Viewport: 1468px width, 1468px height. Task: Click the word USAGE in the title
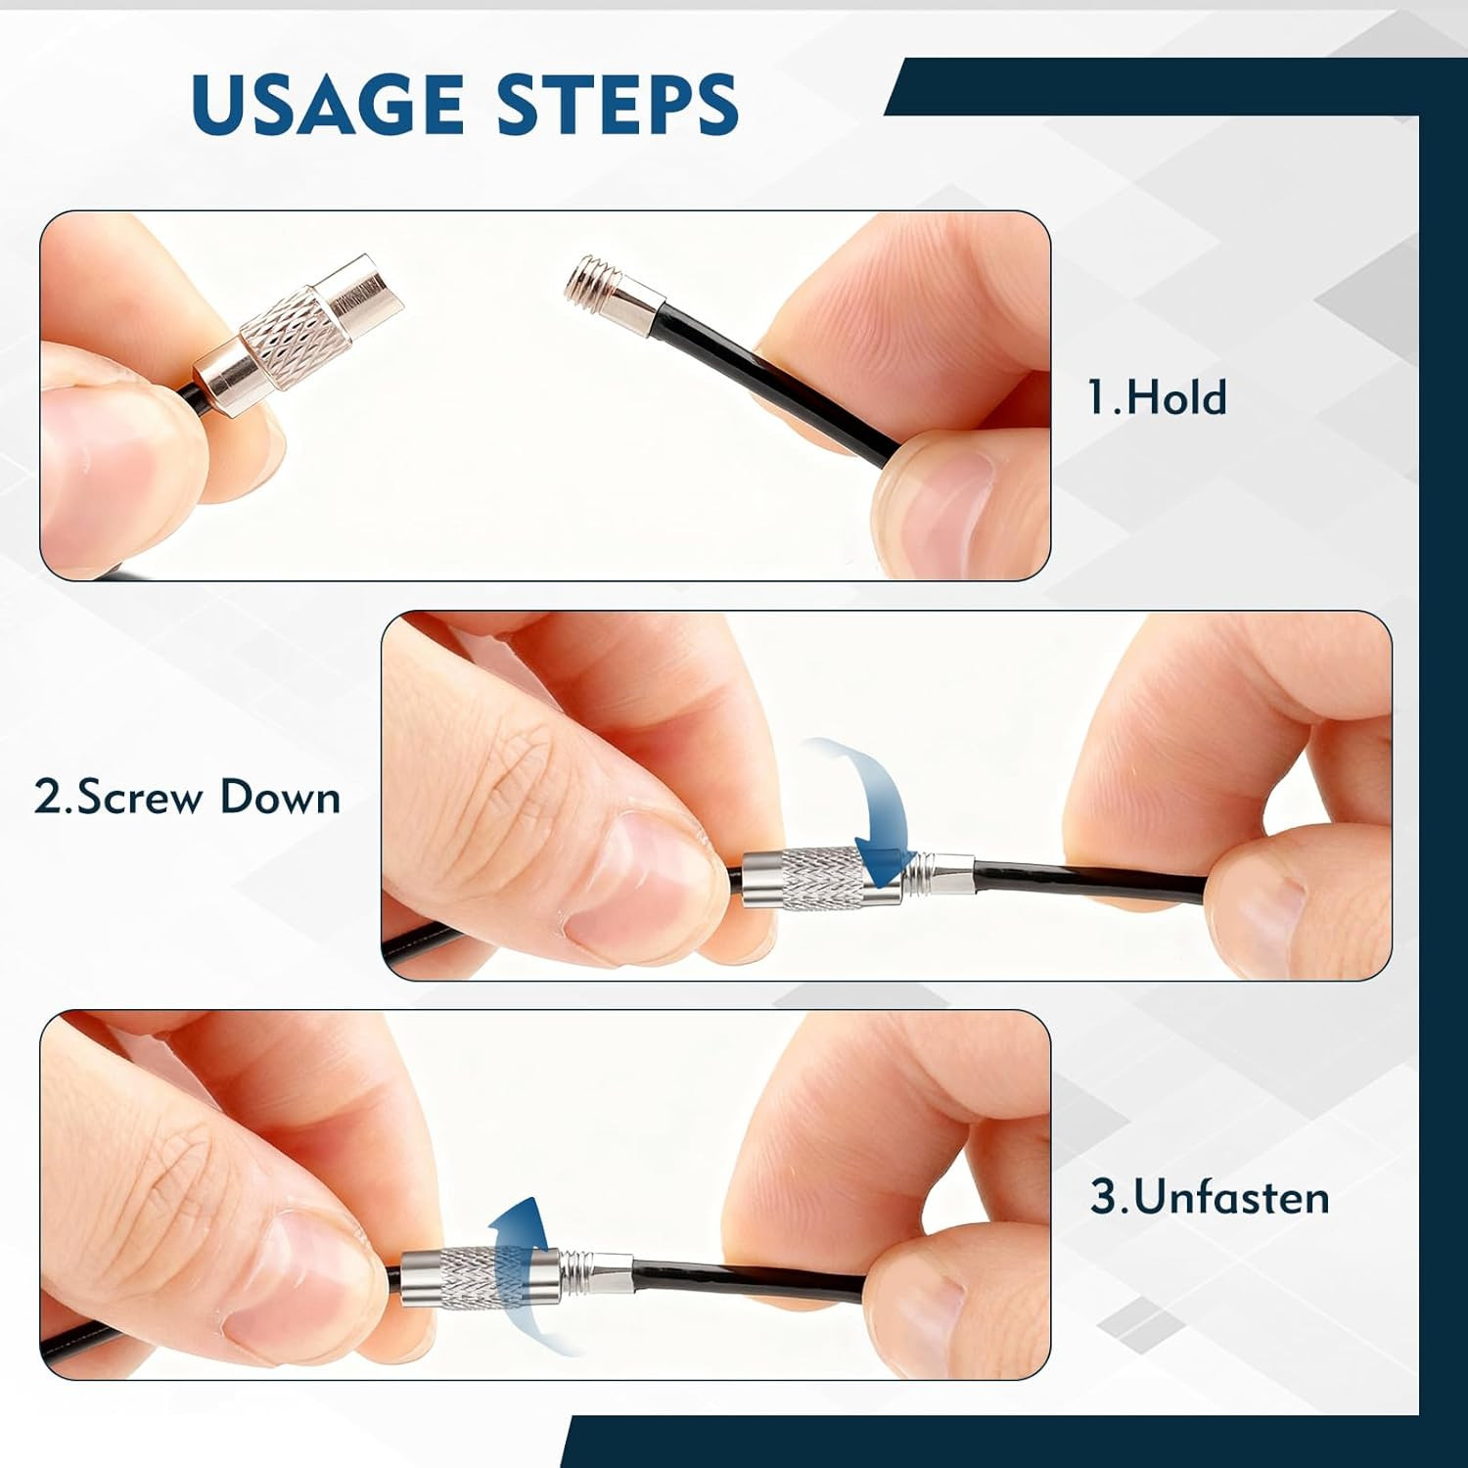tap(328, 103)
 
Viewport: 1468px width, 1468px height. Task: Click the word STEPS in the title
tap(618, 103)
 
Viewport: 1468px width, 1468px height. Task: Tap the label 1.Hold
tap(1157, 398)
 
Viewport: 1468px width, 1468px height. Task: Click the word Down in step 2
tap(280, 797)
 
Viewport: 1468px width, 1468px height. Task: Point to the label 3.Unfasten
tap(1211, 1197)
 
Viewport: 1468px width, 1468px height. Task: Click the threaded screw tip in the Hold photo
tap(586, 277)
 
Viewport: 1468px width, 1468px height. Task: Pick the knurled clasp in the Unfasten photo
tap(481, 1277)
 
